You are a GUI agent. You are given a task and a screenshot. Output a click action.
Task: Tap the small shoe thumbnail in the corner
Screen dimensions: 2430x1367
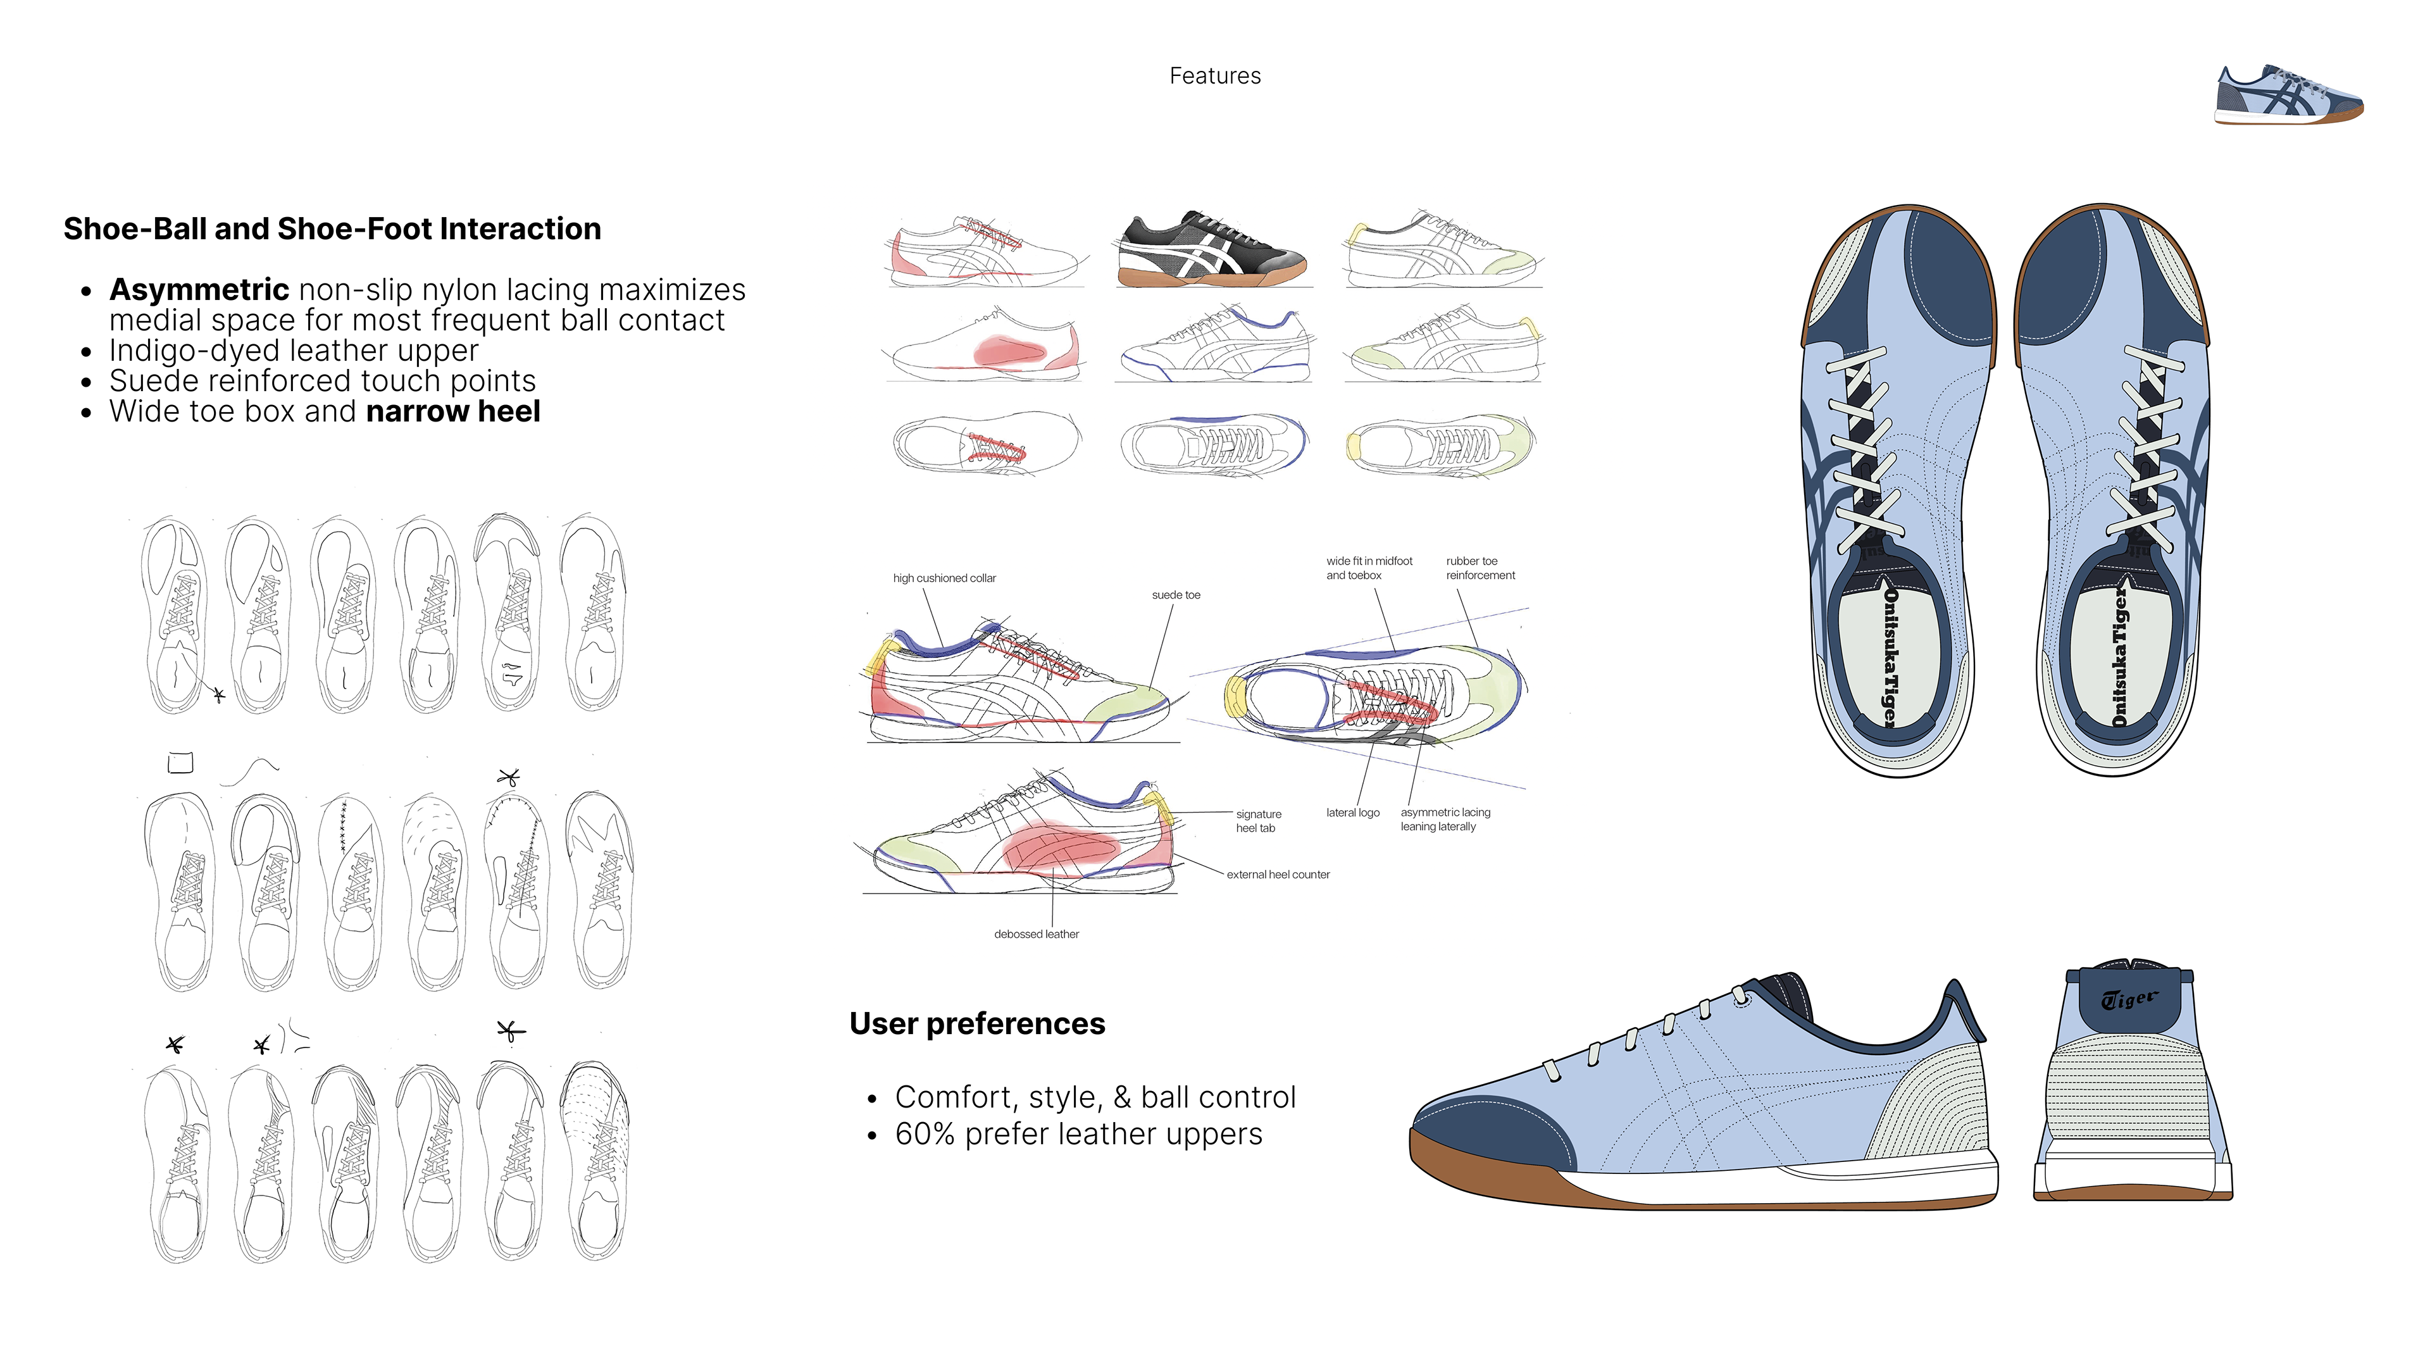pos(2288,96)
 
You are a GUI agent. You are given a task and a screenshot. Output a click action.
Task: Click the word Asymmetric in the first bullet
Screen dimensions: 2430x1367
pos(199,290)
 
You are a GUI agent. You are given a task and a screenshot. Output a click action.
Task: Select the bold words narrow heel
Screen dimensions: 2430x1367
pos(453,412)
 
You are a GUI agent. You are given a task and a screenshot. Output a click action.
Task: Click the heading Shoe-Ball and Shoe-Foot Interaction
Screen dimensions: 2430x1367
pos(332,229)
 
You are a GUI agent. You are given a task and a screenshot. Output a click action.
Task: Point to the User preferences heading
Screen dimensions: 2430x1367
pos(976,1023)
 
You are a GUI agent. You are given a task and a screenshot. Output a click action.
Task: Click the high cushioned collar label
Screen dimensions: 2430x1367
pos(944,578)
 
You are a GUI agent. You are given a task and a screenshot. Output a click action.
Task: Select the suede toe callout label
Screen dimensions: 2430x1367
pos(1175,596)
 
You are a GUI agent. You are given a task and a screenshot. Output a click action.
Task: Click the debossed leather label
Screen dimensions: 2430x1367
pos(1036,934)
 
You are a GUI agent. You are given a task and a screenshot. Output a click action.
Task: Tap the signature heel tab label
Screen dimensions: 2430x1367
pos(1259,821)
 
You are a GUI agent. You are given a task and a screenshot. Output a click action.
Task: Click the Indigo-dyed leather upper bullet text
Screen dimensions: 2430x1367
pos(294,351)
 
